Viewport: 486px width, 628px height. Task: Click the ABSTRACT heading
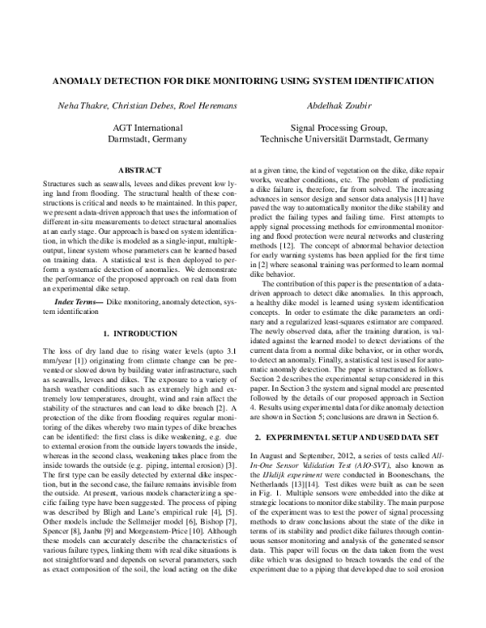click(x=141, y=171)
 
